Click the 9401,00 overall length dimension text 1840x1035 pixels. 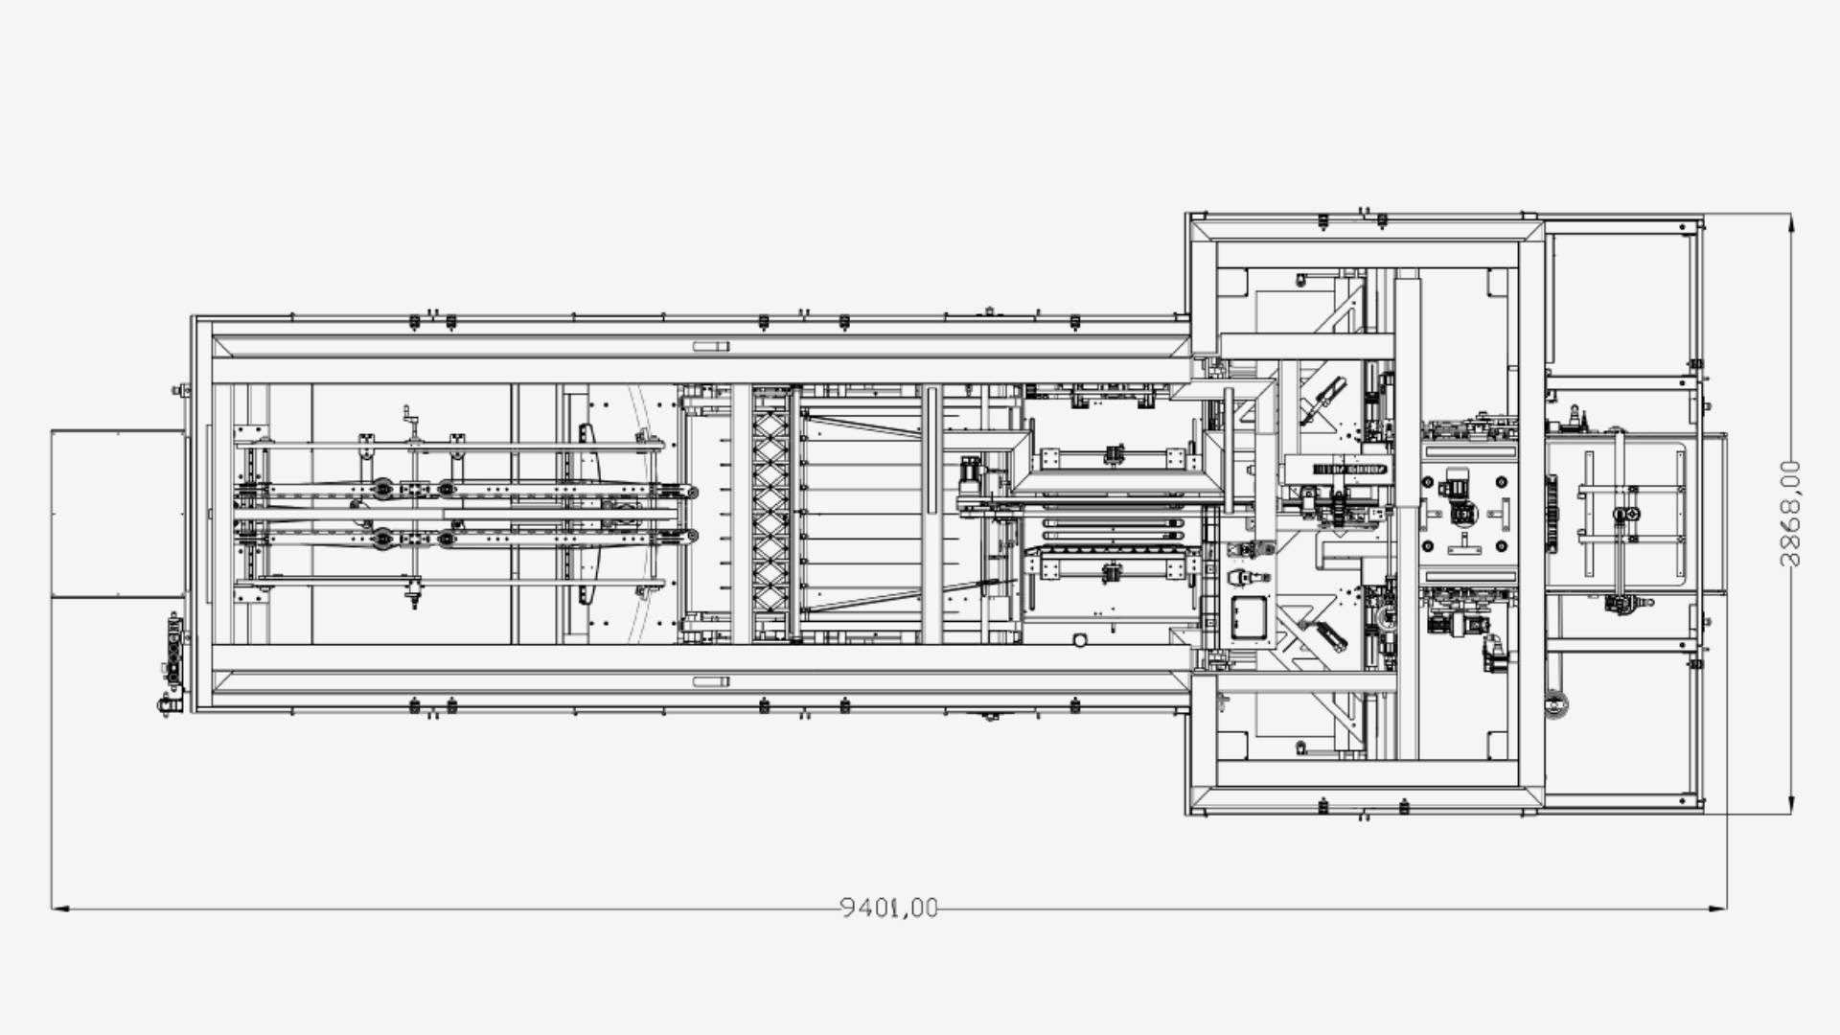point(889,907)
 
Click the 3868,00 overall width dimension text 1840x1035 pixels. point(1789,514)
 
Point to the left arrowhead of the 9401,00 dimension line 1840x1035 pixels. point(60,908)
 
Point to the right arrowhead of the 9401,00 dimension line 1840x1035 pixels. point(1717,908)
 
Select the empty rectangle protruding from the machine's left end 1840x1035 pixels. point(118,514)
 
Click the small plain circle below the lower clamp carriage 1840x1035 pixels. point(1079,639)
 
